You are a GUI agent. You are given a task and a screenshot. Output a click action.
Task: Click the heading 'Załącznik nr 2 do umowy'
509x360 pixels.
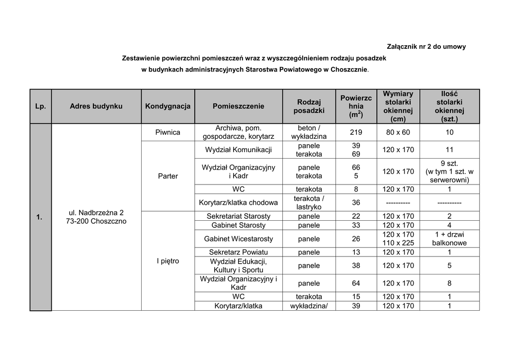click(426, 47)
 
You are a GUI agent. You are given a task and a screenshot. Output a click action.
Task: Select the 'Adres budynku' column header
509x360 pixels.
click(96, 106)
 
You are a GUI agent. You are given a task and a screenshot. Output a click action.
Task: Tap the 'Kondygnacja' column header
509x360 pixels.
click(168, 106)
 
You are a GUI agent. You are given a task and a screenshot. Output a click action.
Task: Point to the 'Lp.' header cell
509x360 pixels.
click(40, 106)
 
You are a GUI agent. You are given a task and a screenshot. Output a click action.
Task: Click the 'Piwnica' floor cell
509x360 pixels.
click(168, 132)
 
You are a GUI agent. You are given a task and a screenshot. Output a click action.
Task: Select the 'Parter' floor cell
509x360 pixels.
click(168, 176)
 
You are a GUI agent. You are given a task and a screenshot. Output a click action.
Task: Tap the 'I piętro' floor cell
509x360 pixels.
click(168, 261)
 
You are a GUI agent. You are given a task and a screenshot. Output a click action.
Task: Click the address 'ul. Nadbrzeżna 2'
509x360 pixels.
click(96, 212)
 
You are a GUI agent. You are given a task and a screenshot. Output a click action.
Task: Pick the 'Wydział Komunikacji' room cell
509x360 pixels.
click(239, 150)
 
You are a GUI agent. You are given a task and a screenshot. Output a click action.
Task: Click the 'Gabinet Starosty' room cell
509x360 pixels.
click(239, 225)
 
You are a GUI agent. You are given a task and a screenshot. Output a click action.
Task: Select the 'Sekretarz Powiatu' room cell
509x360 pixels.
click(239, 252)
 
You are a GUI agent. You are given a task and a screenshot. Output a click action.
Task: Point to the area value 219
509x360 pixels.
click(356, 132)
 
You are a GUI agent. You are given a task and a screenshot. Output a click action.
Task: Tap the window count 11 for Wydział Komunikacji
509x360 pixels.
click(449, 150)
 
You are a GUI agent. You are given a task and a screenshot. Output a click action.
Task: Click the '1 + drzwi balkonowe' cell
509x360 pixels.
click(449, 239)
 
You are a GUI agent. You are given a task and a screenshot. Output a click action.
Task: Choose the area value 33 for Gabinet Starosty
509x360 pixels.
click(356, 225)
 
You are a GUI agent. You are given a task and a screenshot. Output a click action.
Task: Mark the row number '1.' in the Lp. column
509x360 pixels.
click(40, 217)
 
